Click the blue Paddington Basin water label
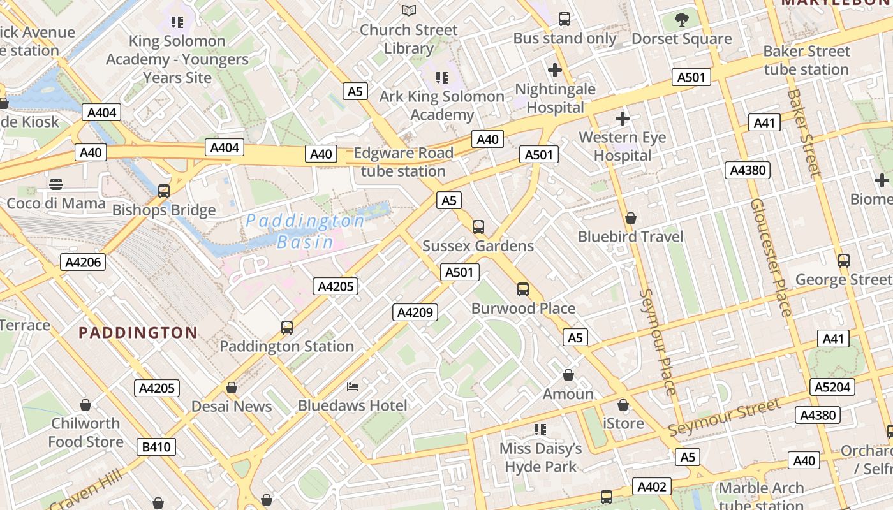tap(305, 231)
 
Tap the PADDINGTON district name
tap(138, 332)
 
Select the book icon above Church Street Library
tap(409, 11)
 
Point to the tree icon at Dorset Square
tap(682, 20)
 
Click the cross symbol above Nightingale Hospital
tap(555, 69)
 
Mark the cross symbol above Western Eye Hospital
tap(622, 118)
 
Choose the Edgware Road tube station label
tap(403, 162)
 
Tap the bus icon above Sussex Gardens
tap(478, 227)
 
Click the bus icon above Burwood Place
tap(523, 289)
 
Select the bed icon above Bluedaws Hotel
tap(353, 386)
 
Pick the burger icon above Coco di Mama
tap(56, 185)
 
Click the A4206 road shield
tap(83, 262)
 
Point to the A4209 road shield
tap(415, 312)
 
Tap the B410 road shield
tap(156, 447)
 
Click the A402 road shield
tap(652, 487)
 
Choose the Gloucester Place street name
tap(771, 258)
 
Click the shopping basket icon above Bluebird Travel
tap(631, 218)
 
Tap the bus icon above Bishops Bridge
tap(164, 191)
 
